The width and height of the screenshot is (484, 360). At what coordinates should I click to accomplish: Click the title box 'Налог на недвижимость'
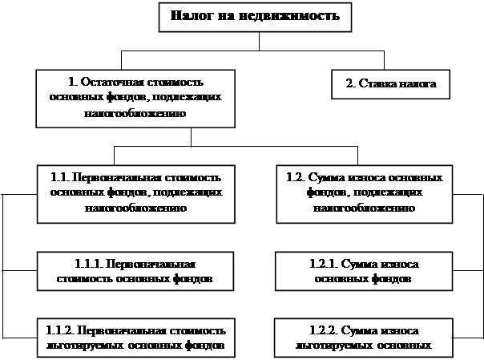[255, 18]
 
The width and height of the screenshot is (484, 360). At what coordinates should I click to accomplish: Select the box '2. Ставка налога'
[390, 84]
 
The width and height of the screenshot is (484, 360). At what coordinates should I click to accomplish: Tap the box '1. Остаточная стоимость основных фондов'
[135, 99]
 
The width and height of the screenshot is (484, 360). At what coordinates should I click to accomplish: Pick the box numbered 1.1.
[135, 194]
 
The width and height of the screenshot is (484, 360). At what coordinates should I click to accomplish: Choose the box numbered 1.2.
[365, 194]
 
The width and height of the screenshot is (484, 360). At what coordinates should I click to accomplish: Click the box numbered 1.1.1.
[135, 271]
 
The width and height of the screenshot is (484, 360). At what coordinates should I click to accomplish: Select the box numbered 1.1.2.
[135, 338]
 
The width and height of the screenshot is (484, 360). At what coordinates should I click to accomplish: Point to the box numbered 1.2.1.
[364, 271]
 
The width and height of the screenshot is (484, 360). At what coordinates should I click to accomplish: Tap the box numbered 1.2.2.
[364, 338]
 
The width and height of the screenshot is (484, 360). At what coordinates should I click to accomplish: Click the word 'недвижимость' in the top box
[289, 15]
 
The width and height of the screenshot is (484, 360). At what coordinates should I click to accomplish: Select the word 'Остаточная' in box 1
[112, 82]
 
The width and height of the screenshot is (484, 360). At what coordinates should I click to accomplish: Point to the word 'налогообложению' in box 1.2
[365, 208]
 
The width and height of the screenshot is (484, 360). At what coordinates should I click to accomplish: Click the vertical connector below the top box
[259, 42]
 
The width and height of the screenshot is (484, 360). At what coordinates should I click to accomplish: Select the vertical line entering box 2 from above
[385, 60]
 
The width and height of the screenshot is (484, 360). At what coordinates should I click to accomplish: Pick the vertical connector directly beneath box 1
[191, 137]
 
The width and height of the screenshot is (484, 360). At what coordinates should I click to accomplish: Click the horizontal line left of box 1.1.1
[20, 270]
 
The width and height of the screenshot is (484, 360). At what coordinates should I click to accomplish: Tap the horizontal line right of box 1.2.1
[467, 271]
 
